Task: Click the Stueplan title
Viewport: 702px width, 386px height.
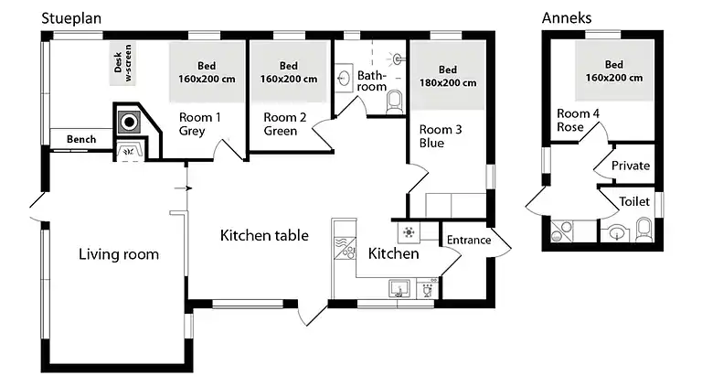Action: coord(71,19)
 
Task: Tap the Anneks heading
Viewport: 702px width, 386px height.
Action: coord(567,18)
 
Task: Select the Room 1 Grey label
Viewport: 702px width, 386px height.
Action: coord(199,124)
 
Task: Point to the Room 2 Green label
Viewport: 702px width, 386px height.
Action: coord(285,124)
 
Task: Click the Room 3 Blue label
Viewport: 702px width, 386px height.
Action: coord(441,136)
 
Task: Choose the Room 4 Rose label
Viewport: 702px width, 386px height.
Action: coord(578,120)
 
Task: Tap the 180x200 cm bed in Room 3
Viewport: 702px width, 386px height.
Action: coord(448,75)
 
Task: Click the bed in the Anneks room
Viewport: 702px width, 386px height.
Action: coord(614,70)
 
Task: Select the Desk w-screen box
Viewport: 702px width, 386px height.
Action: coord(122,63)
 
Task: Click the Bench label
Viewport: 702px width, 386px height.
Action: coord(81,139)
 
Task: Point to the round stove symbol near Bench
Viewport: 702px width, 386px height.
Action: coord(130,122)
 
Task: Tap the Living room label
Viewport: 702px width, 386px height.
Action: coord(119,254)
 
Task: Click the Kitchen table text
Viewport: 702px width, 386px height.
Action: coord(264,236)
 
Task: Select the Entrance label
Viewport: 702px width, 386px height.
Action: coord(469,240)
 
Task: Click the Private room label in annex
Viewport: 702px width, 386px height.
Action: coord(631,166)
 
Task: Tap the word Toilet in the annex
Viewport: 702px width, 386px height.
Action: coord(634,201)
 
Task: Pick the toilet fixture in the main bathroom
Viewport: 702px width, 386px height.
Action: coord(395,102)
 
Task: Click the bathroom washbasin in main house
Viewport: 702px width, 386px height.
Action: coord(344,79)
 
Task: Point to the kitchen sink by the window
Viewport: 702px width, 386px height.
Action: coord(399,288)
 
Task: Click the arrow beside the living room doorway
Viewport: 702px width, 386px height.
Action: coord(183,188)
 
